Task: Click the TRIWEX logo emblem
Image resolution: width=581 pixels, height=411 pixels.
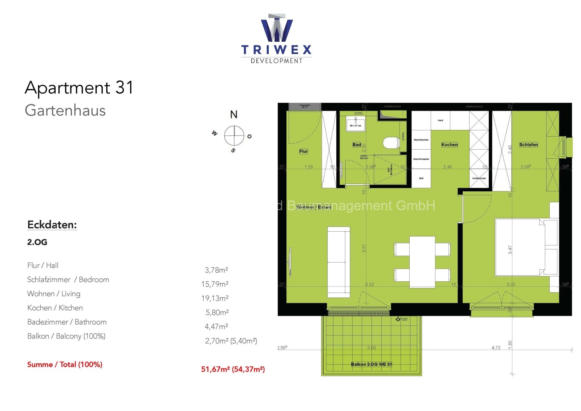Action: point(277,29)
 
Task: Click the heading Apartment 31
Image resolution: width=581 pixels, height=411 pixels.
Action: point(79,88)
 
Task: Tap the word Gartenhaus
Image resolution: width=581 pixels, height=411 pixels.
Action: point(65,110)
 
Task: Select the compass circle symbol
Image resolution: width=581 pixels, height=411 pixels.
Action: point(234,135)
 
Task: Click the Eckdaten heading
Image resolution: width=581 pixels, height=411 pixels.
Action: point(52,225)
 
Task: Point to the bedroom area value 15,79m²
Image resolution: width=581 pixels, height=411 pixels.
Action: point(215,284)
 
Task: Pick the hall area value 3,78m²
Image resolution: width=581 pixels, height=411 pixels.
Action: point(216,270)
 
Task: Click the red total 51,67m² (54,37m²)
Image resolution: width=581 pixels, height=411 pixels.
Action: point(233,369)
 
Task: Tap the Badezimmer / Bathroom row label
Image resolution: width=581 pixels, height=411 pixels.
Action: point(67,322)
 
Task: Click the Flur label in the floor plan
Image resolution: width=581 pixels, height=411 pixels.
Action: point(304,151)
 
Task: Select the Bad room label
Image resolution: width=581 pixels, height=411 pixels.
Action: point(357,145)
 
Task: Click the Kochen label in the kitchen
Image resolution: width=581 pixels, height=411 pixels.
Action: point(450,145)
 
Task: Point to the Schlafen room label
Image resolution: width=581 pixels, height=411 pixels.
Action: point(528,145)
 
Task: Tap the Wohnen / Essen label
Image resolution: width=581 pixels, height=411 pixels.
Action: point(314,207)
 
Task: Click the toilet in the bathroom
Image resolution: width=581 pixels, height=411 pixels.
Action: point(391,143)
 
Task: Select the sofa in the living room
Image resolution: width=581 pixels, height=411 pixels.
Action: point(338,261)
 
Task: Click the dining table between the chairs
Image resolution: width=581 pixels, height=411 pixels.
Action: point(422,261)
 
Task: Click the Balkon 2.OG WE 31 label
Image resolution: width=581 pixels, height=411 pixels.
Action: point(371,364)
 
